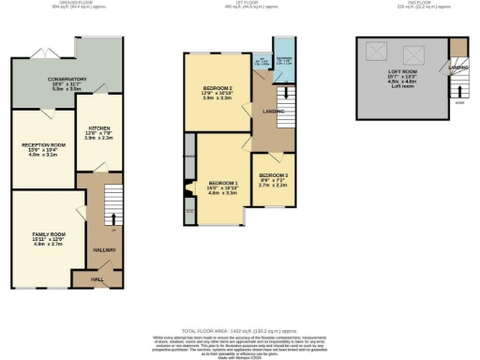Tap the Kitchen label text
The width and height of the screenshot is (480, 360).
[x=100, y=129]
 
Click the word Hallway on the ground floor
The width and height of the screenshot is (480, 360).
[x=103, y=249]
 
